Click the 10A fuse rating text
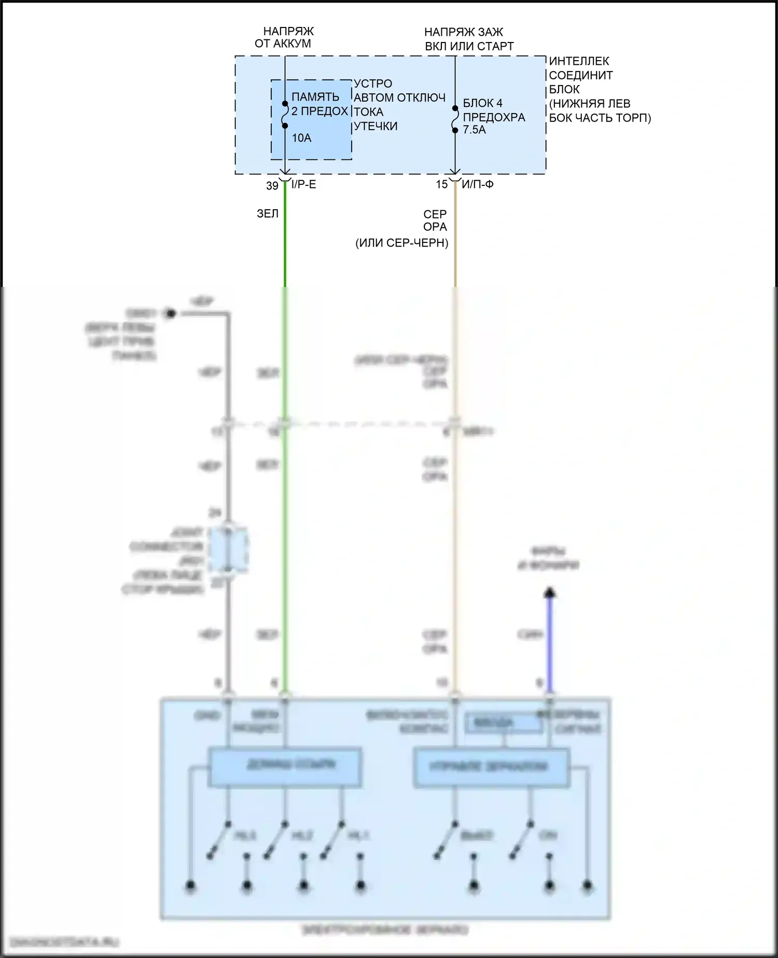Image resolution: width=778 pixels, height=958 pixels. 301,138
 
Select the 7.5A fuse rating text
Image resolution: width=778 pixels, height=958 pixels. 474,130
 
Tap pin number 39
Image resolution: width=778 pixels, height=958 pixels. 272,186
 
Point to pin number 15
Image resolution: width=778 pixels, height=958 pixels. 441,185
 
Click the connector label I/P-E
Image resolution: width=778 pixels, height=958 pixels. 303,185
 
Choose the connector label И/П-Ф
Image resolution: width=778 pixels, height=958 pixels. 477,184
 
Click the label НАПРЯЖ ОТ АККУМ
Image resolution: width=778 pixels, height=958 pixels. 283,38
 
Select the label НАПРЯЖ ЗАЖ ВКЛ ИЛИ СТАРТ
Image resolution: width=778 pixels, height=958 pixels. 469,39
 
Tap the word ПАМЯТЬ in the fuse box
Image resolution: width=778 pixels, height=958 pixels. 315,97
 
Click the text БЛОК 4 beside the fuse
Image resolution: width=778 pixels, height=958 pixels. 482,103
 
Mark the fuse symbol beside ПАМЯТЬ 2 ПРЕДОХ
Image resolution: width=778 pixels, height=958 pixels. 285,115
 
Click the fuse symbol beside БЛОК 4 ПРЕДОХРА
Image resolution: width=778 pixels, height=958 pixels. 455,119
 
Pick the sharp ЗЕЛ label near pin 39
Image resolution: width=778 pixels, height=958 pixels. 268,214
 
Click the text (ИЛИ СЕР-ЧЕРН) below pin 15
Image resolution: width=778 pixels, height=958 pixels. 401,243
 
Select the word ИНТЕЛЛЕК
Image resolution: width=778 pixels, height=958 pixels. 579,61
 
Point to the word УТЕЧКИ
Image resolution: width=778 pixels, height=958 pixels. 376,126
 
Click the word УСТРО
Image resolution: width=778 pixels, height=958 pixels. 373,84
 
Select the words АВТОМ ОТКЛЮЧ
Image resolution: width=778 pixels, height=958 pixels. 399,98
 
